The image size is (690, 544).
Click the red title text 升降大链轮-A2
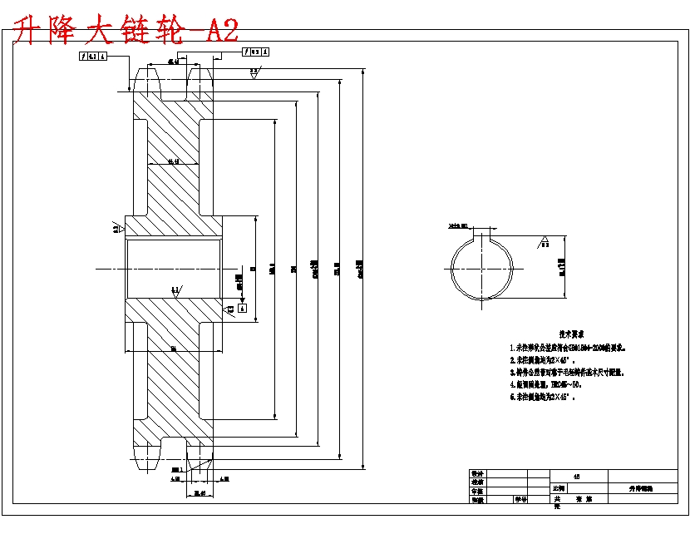(127, 31)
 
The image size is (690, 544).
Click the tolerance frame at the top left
(93, 57)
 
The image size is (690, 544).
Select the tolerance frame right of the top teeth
(256, 52)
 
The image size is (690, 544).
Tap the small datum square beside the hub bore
(242, 307)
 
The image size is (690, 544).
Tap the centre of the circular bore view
(485, 268)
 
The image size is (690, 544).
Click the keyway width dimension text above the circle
(458, 225)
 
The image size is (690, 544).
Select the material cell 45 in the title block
(578, 475)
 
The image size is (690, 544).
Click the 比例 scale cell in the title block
(561, 488)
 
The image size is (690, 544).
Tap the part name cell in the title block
(641, 489)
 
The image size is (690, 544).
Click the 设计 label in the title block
(477, 472)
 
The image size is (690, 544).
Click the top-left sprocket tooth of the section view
(146, 82)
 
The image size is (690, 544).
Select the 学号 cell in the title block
(520, 500)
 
